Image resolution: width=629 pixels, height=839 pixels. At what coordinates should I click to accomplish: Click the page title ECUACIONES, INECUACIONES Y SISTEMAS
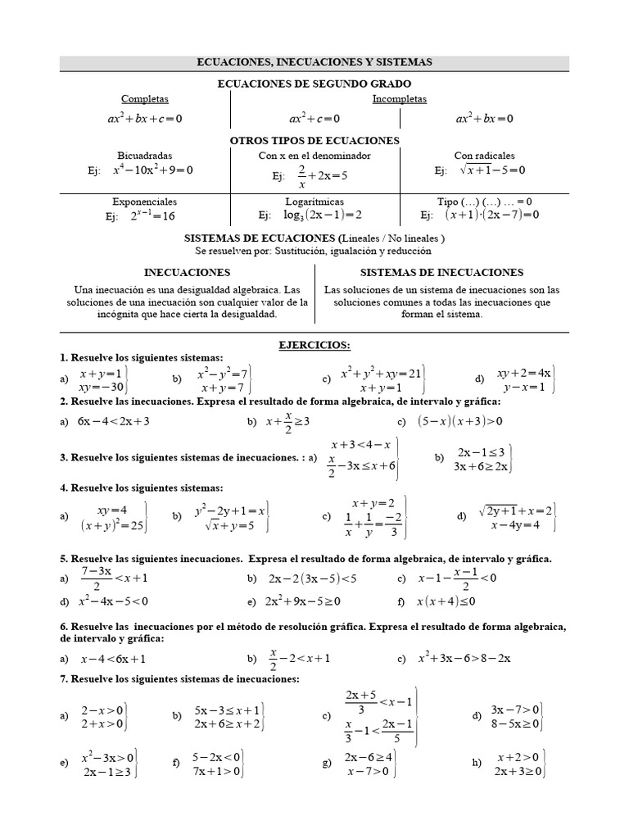click(314, 62)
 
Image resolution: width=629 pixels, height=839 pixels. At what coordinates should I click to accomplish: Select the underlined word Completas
click(145, 99)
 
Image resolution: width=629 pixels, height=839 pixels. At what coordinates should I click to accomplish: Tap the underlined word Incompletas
click(400, 99)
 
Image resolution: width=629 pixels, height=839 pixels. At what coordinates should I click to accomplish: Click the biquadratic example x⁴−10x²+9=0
click(152, 171)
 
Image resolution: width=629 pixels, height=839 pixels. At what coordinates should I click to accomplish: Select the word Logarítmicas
click(314, 202)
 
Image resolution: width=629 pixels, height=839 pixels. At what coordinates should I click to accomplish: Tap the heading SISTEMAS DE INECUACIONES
click(441, 273)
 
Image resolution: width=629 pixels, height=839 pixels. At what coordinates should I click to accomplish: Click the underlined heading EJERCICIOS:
click(314, 345)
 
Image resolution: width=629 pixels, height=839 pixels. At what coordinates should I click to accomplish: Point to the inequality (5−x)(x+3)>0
click(459, 422)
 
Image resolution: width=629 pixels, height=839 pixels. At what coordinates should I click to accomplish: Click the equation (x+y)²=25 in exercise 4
click(113, 526)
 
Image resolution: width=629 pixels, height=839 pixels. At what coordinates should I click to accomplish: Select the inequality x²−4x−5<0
click(113, 601)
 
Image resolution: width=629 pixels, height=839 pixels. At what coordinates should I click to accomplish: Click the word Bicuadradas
click(145, 156)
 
